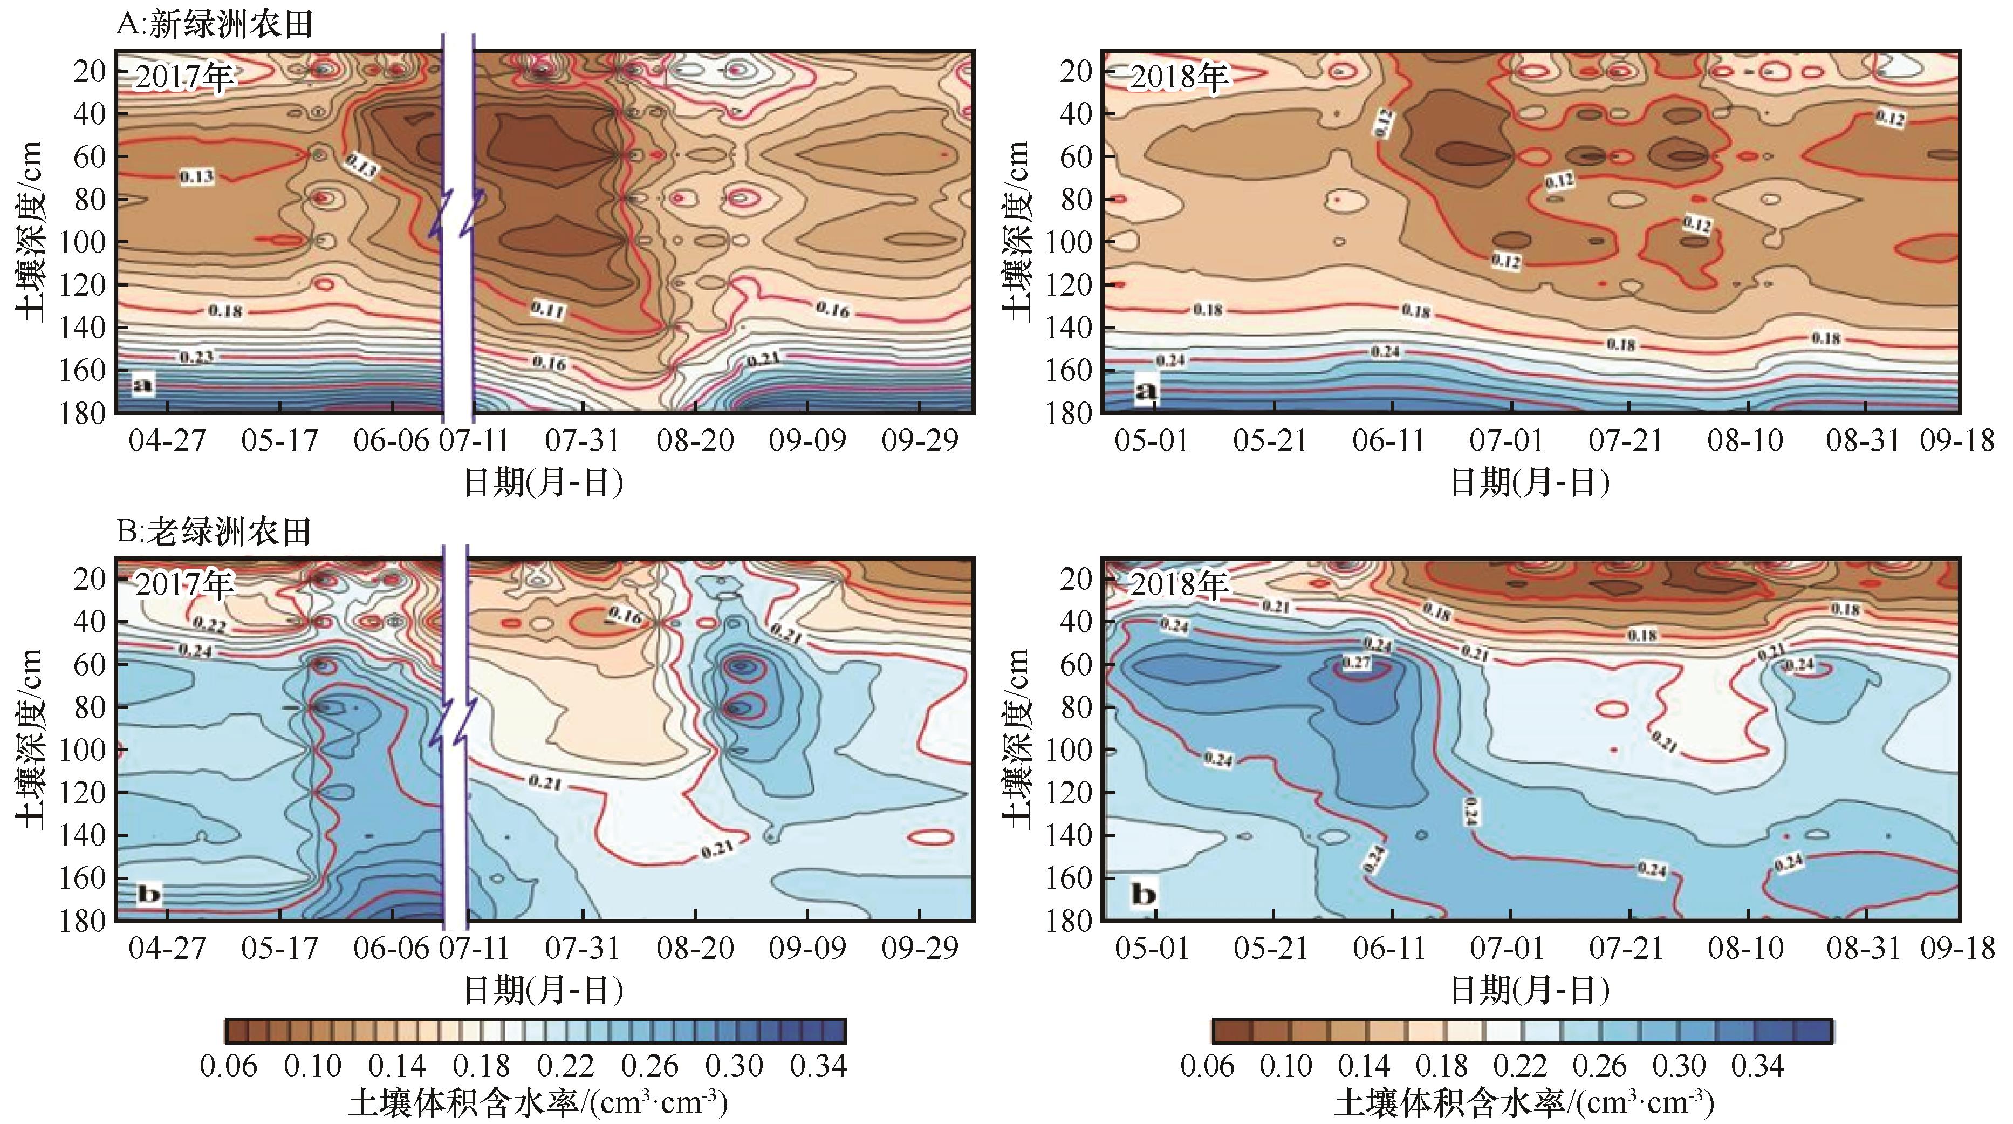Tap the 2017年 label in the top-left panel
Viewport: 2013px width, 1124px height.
(183, 77)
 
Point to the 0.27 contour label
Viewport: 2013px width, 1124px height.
(1356, 663)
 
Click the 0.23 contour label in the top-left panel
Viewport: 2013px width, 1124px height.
(196, 357)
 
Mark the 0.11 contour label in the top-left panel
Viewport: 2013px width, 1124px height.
(548, 310)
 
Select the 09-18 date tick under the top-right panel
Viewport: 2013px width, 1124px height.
(1957, 441)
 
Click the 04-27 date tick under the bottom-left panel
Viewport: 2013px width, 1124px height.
(167, 948)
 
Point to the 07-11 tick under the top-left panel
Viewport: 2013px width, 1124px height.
(474, 441)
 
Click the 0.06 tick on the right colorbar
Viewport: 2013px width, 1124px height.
(1207, 1066)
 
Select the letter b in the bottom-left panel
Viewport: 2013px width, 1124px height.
(148, 894)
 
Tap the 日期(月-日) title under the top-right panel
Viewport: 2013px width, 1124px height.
(1529, 483)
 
